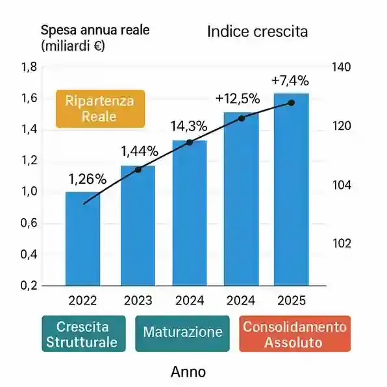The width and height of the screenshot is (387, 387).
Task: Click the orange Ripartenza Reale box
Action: [x=100, y=108]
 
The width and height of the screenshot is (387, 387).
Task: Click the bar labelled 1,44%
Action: [x=138, y=227]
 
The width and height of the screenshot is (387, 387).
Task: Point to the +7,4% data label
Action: [x=290, y=81]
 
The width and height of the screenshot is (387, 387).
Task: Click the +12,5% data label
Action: [x=238, y=99]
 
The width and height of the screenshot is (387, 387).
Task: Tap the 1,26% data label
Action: [x=87, y=179]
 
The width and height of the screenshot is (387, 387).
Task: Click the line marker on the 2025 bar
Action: [x=291, y=103]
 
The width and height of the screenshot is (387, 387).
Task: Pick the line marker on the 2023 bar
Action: [x=138, y=169]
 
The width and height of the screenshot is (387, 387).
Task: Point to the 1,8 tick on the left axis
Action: [x=30, y=68]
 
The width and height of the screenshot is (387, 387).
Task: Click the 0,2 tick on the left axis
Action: [x=30, y=286]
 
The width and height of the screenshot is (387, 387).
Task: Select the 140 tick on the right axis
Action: [x=341, y=68]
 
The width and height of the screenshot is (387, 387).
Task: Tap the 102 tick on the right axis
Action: [x=341, y=243]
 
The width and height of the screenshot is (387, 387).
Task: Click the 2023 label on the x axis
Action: [x=137, y=301]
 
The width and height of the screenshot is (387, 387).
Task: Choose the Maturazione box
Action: [x=182, y=333]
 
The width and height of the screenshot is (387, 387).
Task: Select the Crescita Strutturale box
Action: [x=82, y=334]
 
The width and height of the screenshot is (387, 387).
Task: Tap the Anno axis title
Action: [x=188, y=372]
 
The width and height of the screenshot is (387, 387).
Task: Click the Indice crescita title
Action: [x=257, y=32]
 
